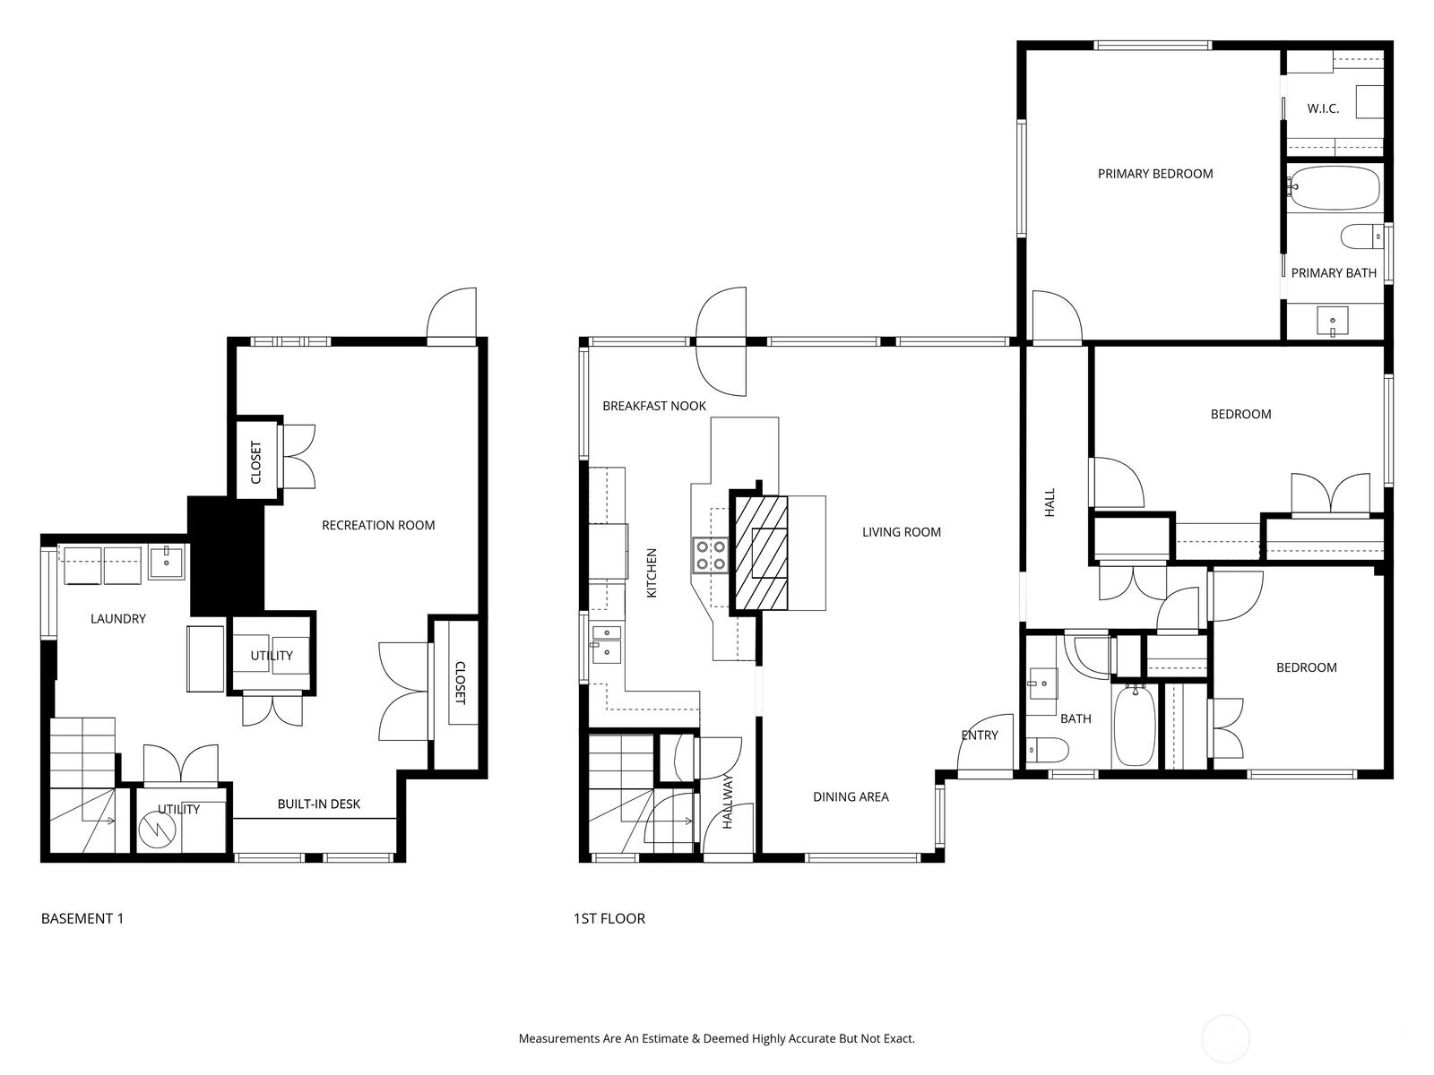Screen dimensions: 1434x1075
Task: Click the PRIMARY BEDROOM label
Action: click(x=1155, y=175)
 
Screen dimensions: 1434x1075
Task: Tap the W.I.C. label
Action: click(x=1323, y=109)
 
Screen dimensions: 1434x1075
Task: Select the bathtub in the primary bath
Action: click(x=1335, y=188)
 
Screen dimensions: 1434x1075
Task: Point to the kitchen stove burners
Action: click(x=710, y=555)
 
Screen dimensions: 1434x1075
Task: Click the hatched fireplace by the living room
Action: click(x=760, y=553)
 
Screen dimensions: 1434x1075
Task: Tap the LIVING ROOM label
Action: click(x=902, y=533)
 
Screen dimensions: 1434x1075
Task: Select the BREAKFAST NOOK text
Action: click(x=654, y=406)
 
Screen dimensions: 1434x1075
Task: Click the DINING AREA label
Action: click(x=851, y=797)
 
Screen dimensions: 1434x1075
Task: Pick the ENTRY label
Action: click(x=980, y=735)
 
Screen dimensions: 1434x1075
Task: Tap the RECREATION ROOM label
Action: click(x=378, y=526)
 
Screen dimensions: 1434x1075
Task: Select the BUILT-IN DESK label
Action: click(x=319, y=804)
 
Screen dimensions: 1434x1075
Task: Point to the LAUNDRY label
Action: click(x=118, y=619)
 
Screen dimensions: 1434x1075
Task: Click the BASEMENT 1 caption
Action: click(x=82, y=919)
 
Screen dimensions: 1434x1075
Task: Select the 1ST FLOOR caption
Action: click(x=609, y=919)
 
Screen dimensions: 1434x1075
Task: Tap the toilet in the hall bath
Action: click(x=1047, y=750)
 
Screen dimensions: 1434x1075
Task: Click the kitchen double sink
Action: click(x=607, y=643)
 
